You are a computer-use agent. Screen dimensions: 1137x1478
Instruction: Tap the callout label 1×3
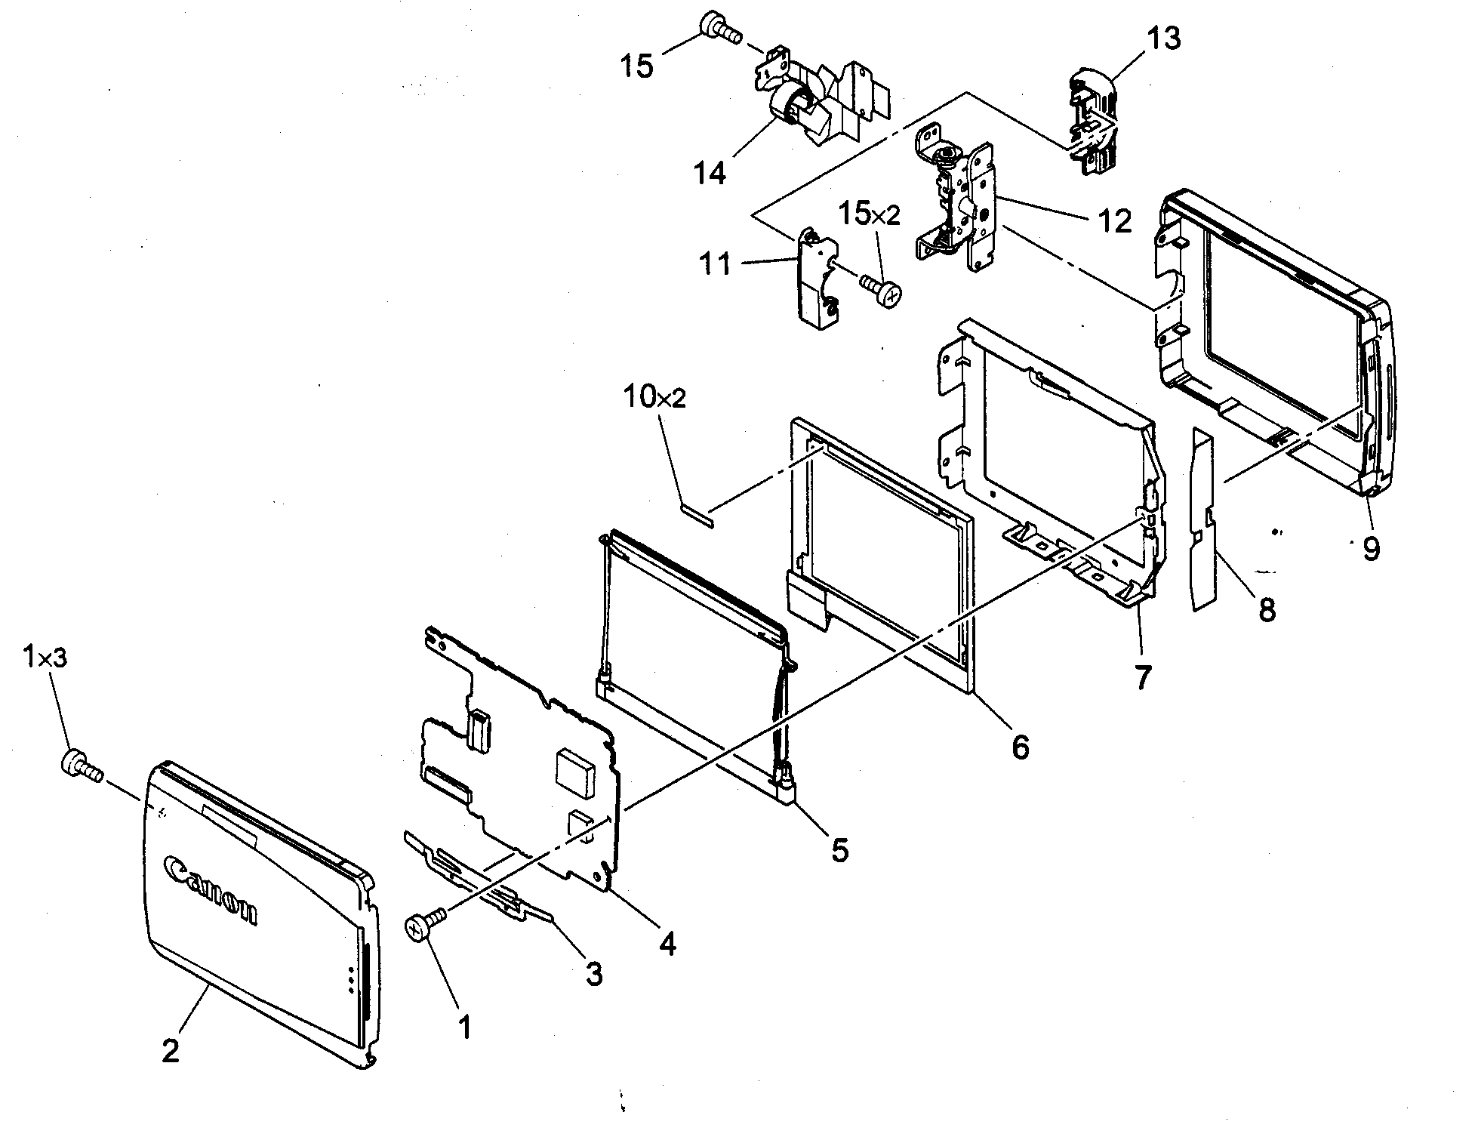pyautogui.click(x=45, y=658)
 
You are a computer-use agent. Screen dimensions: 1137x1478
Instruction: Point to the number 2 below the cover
pyautogui.click(x=171, y=1050)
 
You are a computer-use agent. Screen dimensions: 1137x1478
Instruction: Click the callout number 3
pyautogui.click(x=594, y=975)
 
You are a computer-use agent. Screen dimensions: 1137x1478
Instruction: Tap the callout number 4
pyautogui.click(x=667, y=943)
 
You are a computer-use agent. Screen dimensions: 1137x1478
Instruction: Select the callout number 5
pyautogui.click(x=839, y=850)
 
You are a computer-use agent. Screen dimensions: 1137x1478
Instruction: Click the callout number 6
pyautogui.click(x=1020, y=747)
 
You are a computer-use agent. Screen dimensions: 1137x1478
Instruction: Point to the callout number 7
pyautogui.click(x=1143, y=677)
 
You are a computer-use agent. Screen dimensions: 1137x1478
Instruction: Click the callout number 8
pyautogui.click(x=1267, y=609)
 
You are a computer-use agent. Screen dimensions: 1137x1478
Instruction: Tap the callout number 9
pyautogui.click(x=1371, y=548)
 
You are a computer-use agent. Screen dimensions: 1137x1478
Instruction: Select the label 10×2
pyautogui.click(x=654, y=397)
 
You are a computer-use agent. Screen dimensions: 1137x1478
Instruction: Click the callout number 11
pyautogui.click(x=715, y=264)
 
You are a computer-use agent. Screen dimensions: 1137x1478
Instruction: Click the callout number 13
pyautogui.click(x=1163, y=38)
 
